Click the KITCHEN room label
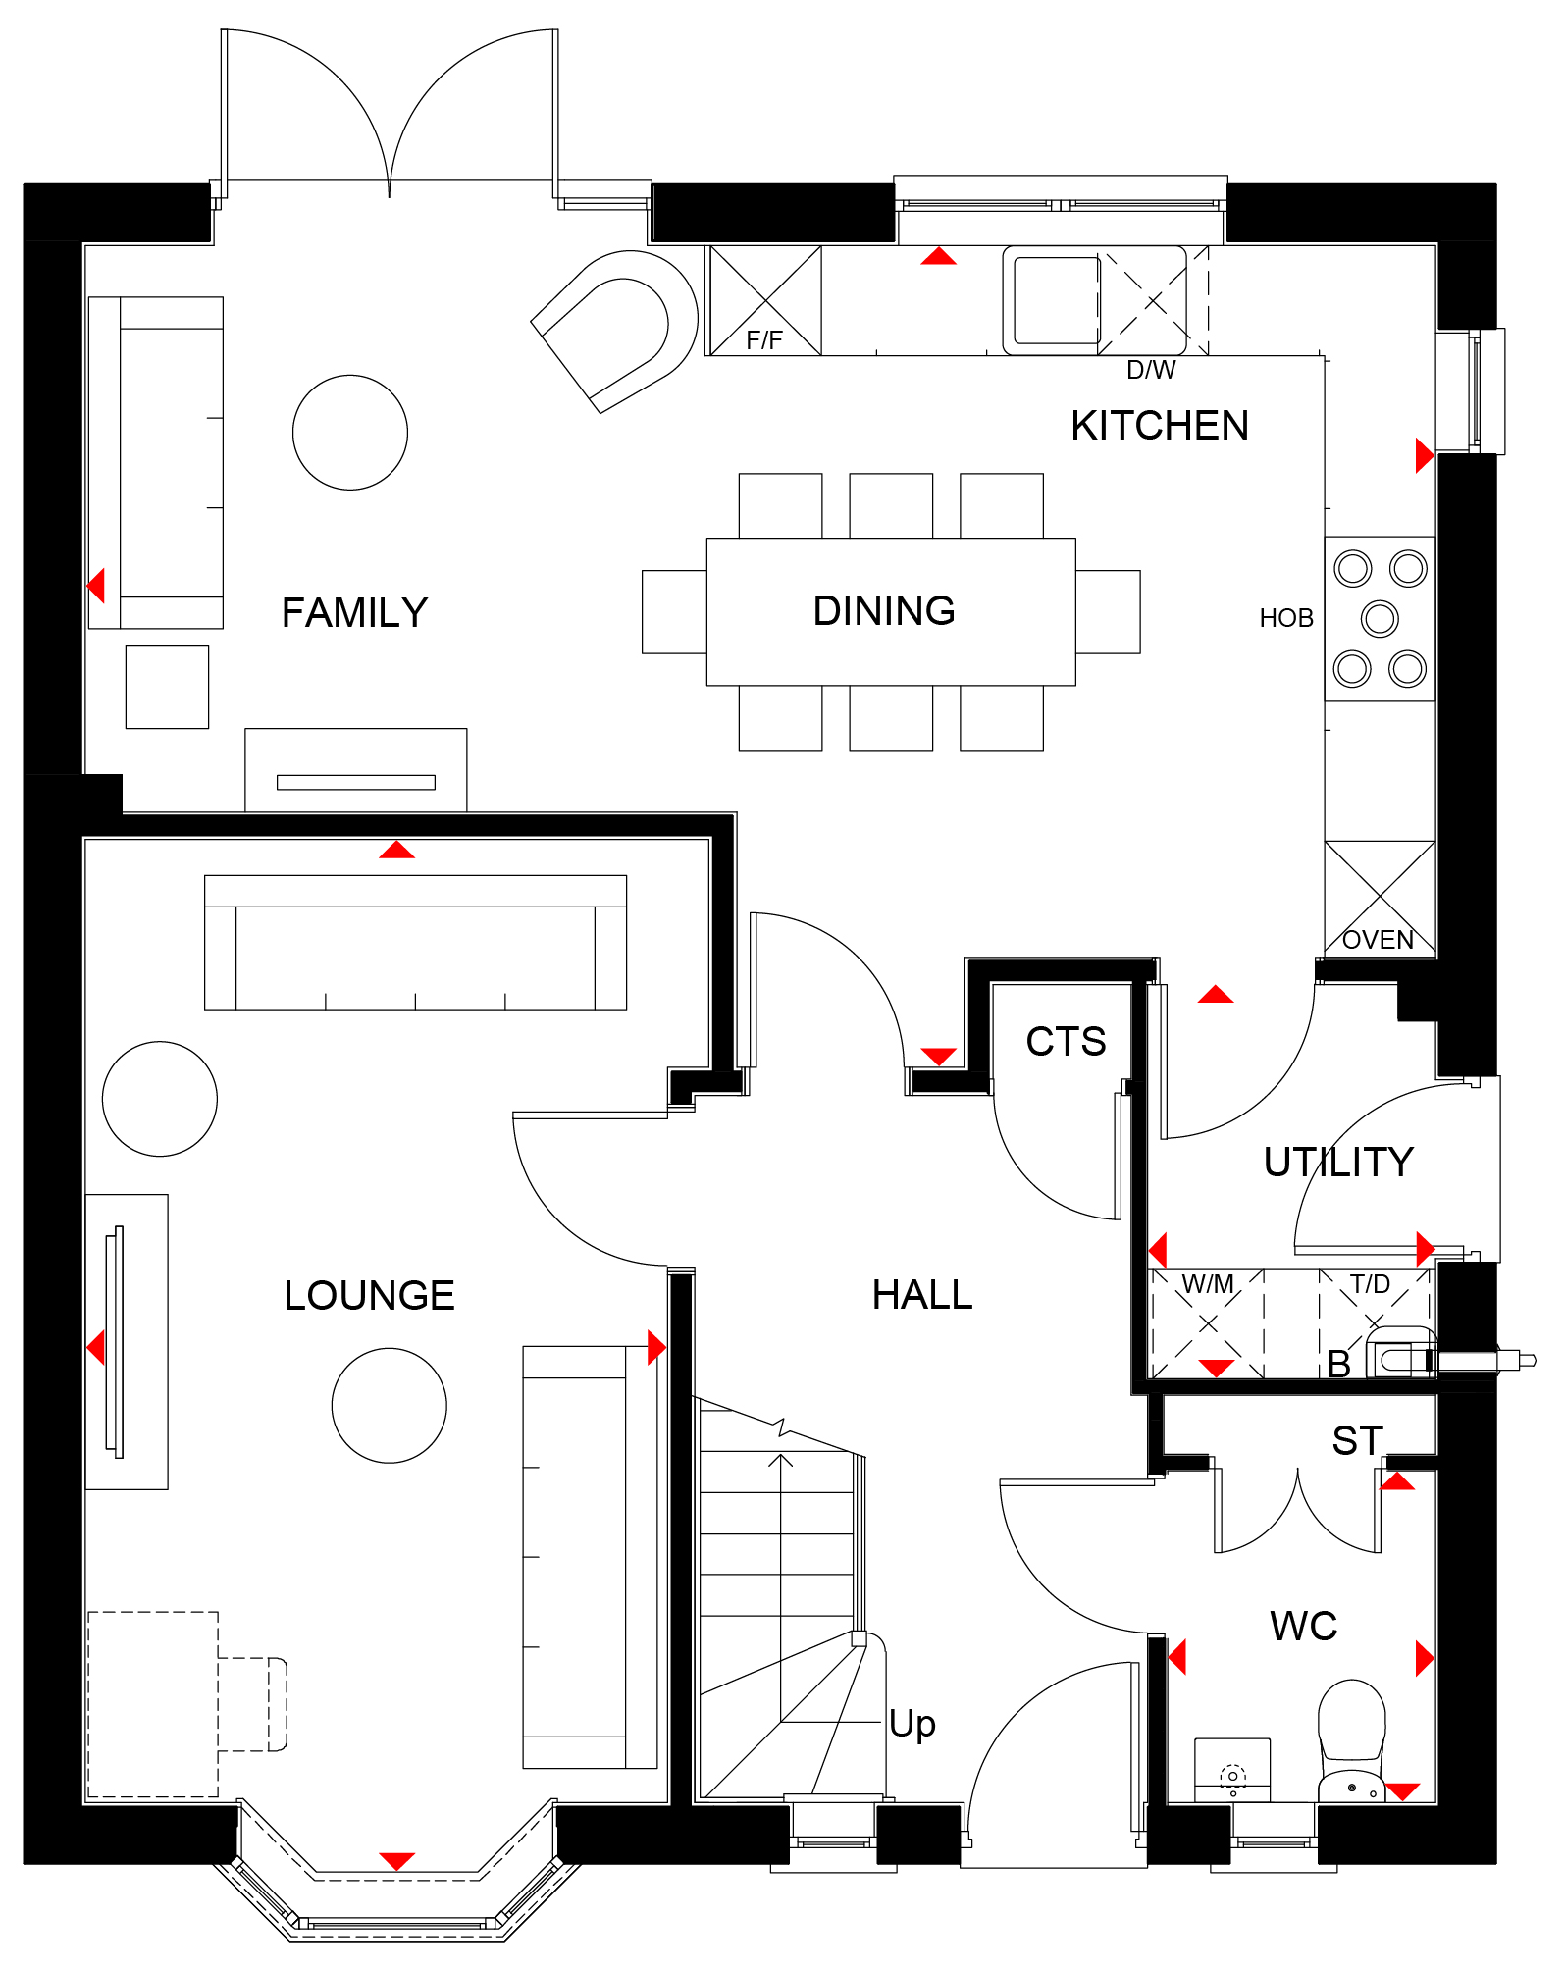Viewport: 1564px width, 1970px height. coord(1160,426)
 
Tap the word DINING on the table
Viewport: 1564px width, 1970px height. coord(884,611)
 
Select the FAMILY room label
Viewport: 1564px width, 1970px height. coord(354,613)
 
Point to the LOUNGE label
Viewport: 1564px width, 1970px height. coord(369,1296)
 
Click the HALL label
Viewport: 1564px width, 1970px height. coord(922,1295)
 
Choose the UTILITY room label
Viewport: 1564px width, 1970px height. coord(1338,1163)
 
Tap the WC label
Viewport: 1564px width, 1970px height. coord(1303,1627)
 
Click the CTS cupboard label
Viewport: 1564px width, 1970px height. coord(1066,1042)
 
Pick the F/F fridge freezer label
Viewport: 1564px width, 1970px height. coord(764,340)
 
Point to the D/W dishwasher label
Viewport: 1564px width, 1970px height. coord(1151,370)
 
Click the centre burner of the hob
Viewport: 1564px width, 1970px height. coord(1380,618)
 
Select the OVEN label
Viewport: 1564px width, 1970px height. coord(1378,940)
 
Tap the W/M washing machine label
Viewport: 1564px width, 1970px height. coord(1208,1284)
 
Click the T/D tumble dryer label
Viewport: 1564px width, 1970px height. coord(1370,1284)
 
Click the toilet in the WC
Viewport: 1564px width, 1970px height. coord(1351,1740)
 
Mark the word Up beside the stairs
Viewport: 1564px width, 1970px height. coord(912,1725)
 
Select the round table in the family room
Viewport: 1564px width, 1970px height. coord(350,433)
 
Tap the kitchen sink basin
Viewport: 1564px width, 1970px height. coord(1056,300)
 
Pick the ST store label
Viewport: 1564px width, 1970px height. coord(1358,1441)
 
